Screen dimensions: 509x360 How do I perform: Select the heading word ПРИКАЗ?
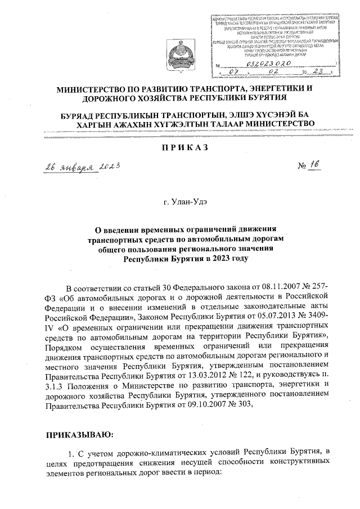179,147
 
